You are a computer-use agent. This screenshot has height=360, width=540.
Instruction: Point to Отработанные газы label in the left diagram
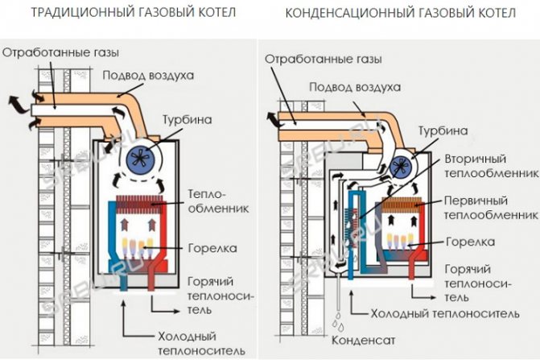click(x=61, y=52)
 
